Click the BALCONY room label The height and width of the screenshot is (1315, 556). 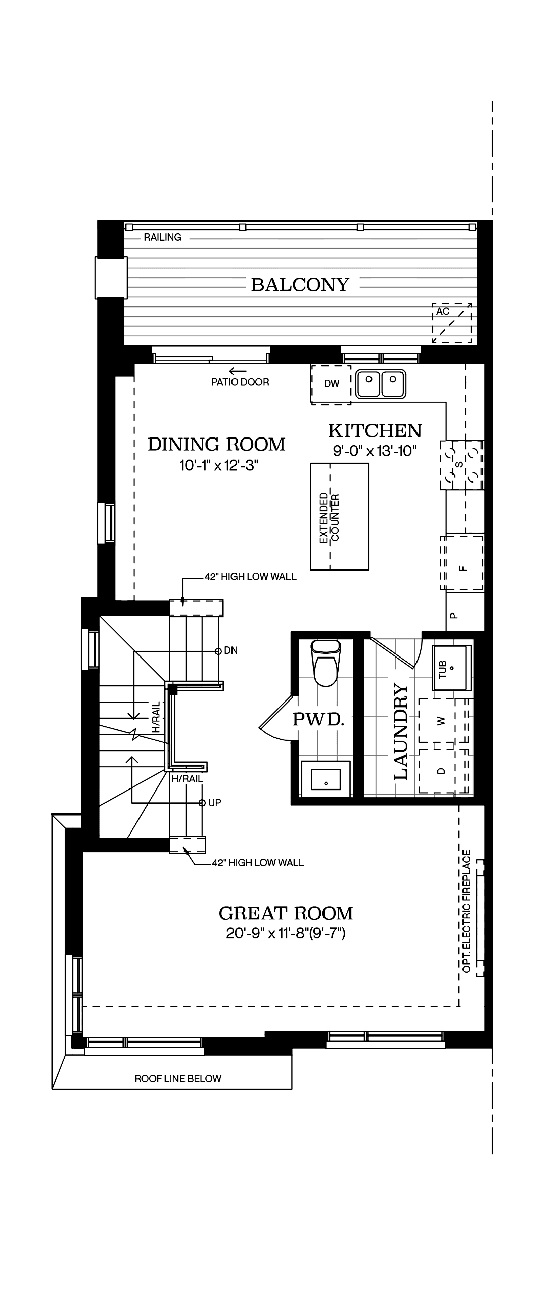click(x=300, y=284)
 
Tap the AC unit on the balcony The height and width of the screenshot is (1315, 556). click(x=452, y=323)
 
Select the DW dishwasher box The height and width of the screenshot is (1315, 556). click(x=331, y=384)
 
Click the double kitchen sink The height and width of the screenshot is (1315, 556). click(x=381, y=383)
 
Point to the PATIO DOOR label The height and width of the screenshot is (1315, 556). click(x=240, y=382)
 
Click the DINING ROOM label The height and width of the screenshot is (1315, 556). click(x=216, y=444)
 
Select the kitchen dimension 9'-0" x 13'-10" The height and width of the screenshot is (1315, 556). click(x=375, y=451)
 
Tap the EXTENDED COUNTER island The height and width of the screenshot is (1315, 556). click(x=340, y=516)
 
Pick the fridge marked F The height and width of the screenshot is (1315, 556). click(x=462, y=563)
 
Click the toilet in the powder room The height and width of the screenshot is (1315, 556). click(x=326, y=663)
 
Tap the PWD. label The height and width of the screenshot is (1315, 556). click(x=318, y=719)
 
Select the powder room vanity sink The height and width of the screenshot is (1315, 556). click(x=326, y=778)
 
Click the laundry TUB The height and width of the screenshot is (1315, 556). click(x=451, y=668)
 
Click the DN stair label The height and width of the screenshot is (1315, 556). click(x=231, y=651)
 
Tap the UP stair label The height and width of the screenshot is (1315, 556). click(x=215, y=803)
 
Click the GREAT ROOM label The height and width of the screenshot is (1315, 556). click(x=286, y=913)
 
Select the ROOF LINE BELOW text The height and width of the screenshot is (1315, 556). click(x=178, y=1079)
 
